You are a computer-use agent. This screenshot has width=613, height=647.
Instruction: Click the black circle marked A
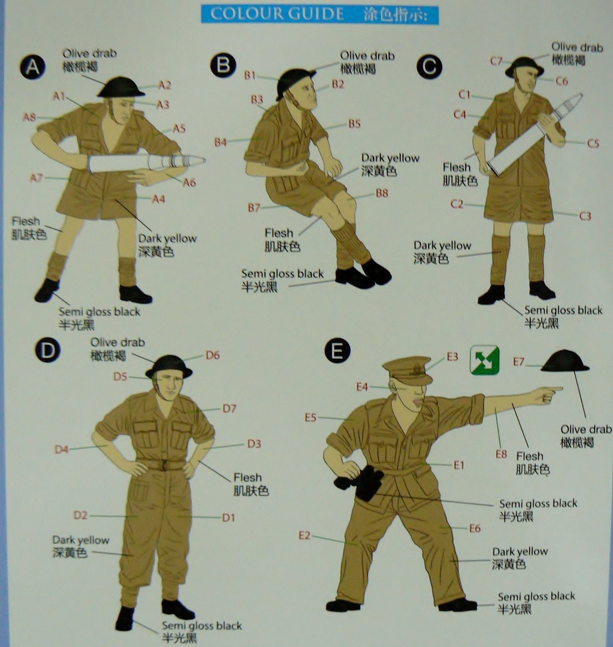(32, 66)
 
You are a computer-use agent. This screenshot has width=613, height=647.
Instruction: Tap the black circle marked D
(47, 349)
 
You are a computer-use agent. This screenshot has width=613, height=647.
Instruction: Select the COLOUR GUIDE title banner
(320, 14)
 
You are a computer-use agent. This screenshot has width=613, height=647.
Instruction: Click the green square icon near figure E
(485, 360)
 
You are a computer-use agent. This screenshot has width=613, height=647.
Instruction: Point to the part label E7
(519, 362)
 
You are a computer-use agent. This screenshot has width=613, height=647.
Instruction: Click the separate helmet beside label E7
(564, 361)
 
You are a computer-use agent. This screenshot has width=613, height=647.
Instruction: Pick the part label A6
(190, 183)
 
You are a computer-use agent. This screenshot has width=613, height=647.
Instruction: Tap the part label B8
(382, 193)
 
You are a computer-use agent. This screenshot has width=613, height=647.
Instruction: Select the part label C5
(592, 143)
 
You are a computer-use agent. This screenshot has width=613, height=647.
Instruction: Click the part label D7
(229, 409)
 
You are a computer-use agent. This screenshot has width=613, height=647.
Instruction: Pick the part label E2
(305, 536)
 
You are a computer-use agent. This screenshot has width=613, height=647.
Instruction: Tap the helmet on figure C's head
(524, 66)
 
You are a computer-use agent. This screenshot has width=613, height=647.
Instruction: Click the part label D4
(61, 450)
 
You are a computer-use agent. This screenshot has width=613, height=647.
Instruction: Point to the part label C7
(496, 61)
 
